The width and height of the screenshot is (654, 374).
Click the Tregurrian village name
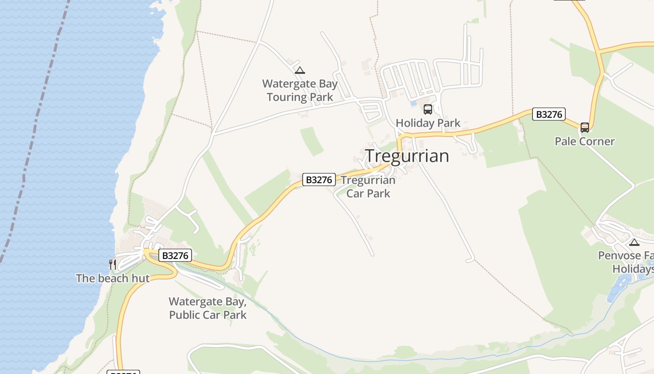tap(406, 156)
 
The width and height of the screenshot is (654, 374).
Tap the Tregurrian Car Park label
tap(368, 187)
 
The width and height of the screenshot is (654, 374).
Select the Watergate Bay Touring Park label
tap(300, 90)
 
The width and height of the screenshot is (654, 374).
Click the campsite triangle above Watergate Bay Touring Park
tap(300, 71)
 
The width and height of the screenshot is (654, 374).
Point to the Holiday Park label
tap(428, 123)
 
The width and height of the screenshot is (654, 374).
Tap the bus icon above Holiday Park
tap(427, 109)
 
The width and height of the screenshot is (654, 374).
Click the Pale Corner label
tap(584, 141)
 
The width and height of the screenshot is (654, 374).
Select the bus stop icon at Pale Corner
tap(584, 127)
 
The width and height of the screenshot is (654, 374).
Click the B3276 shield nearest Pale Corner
tap(549, 114)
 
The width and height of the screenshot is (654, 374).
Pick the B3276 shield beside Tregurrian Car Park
tap(319, 180)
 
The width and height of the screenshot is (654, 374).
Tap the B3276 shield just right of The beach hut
tap(175, 255)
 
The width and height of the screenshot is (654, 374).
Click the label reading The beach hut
tap(113, 278)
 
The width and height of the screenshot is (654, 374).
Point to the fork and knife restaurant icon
tap(112, 265)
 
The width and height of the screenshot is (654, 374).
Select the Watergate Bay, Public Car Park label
tap(207, 308)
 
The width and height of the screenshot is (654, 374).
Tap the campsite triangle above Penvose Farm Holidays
tap(634, 242)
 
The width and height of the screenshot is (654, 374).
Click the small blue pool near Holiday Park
tap(413, 103)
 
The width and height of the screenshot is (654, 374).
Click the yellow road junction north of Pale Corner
tap(599, 50)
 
